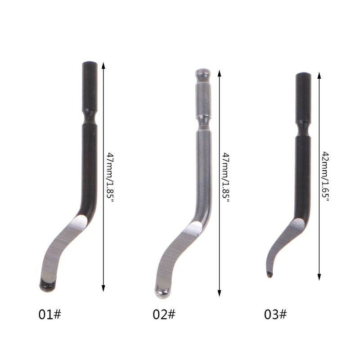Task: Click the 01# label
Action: click(49, 314)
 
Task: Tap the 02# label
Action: click(163, 314)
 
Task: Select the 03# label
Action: click(275, 314)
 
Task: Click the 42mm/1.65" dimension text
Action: click(326, 176)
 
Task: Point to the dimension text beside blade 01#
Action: click(110, 177)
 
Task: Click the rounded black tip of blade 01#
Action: click(47, 283)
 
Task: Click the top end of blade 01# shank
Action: click(90, 64)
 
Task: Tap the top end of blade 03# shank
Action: click(303, 75)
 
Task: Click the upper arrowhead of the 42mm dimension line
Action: click(319, 75)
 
